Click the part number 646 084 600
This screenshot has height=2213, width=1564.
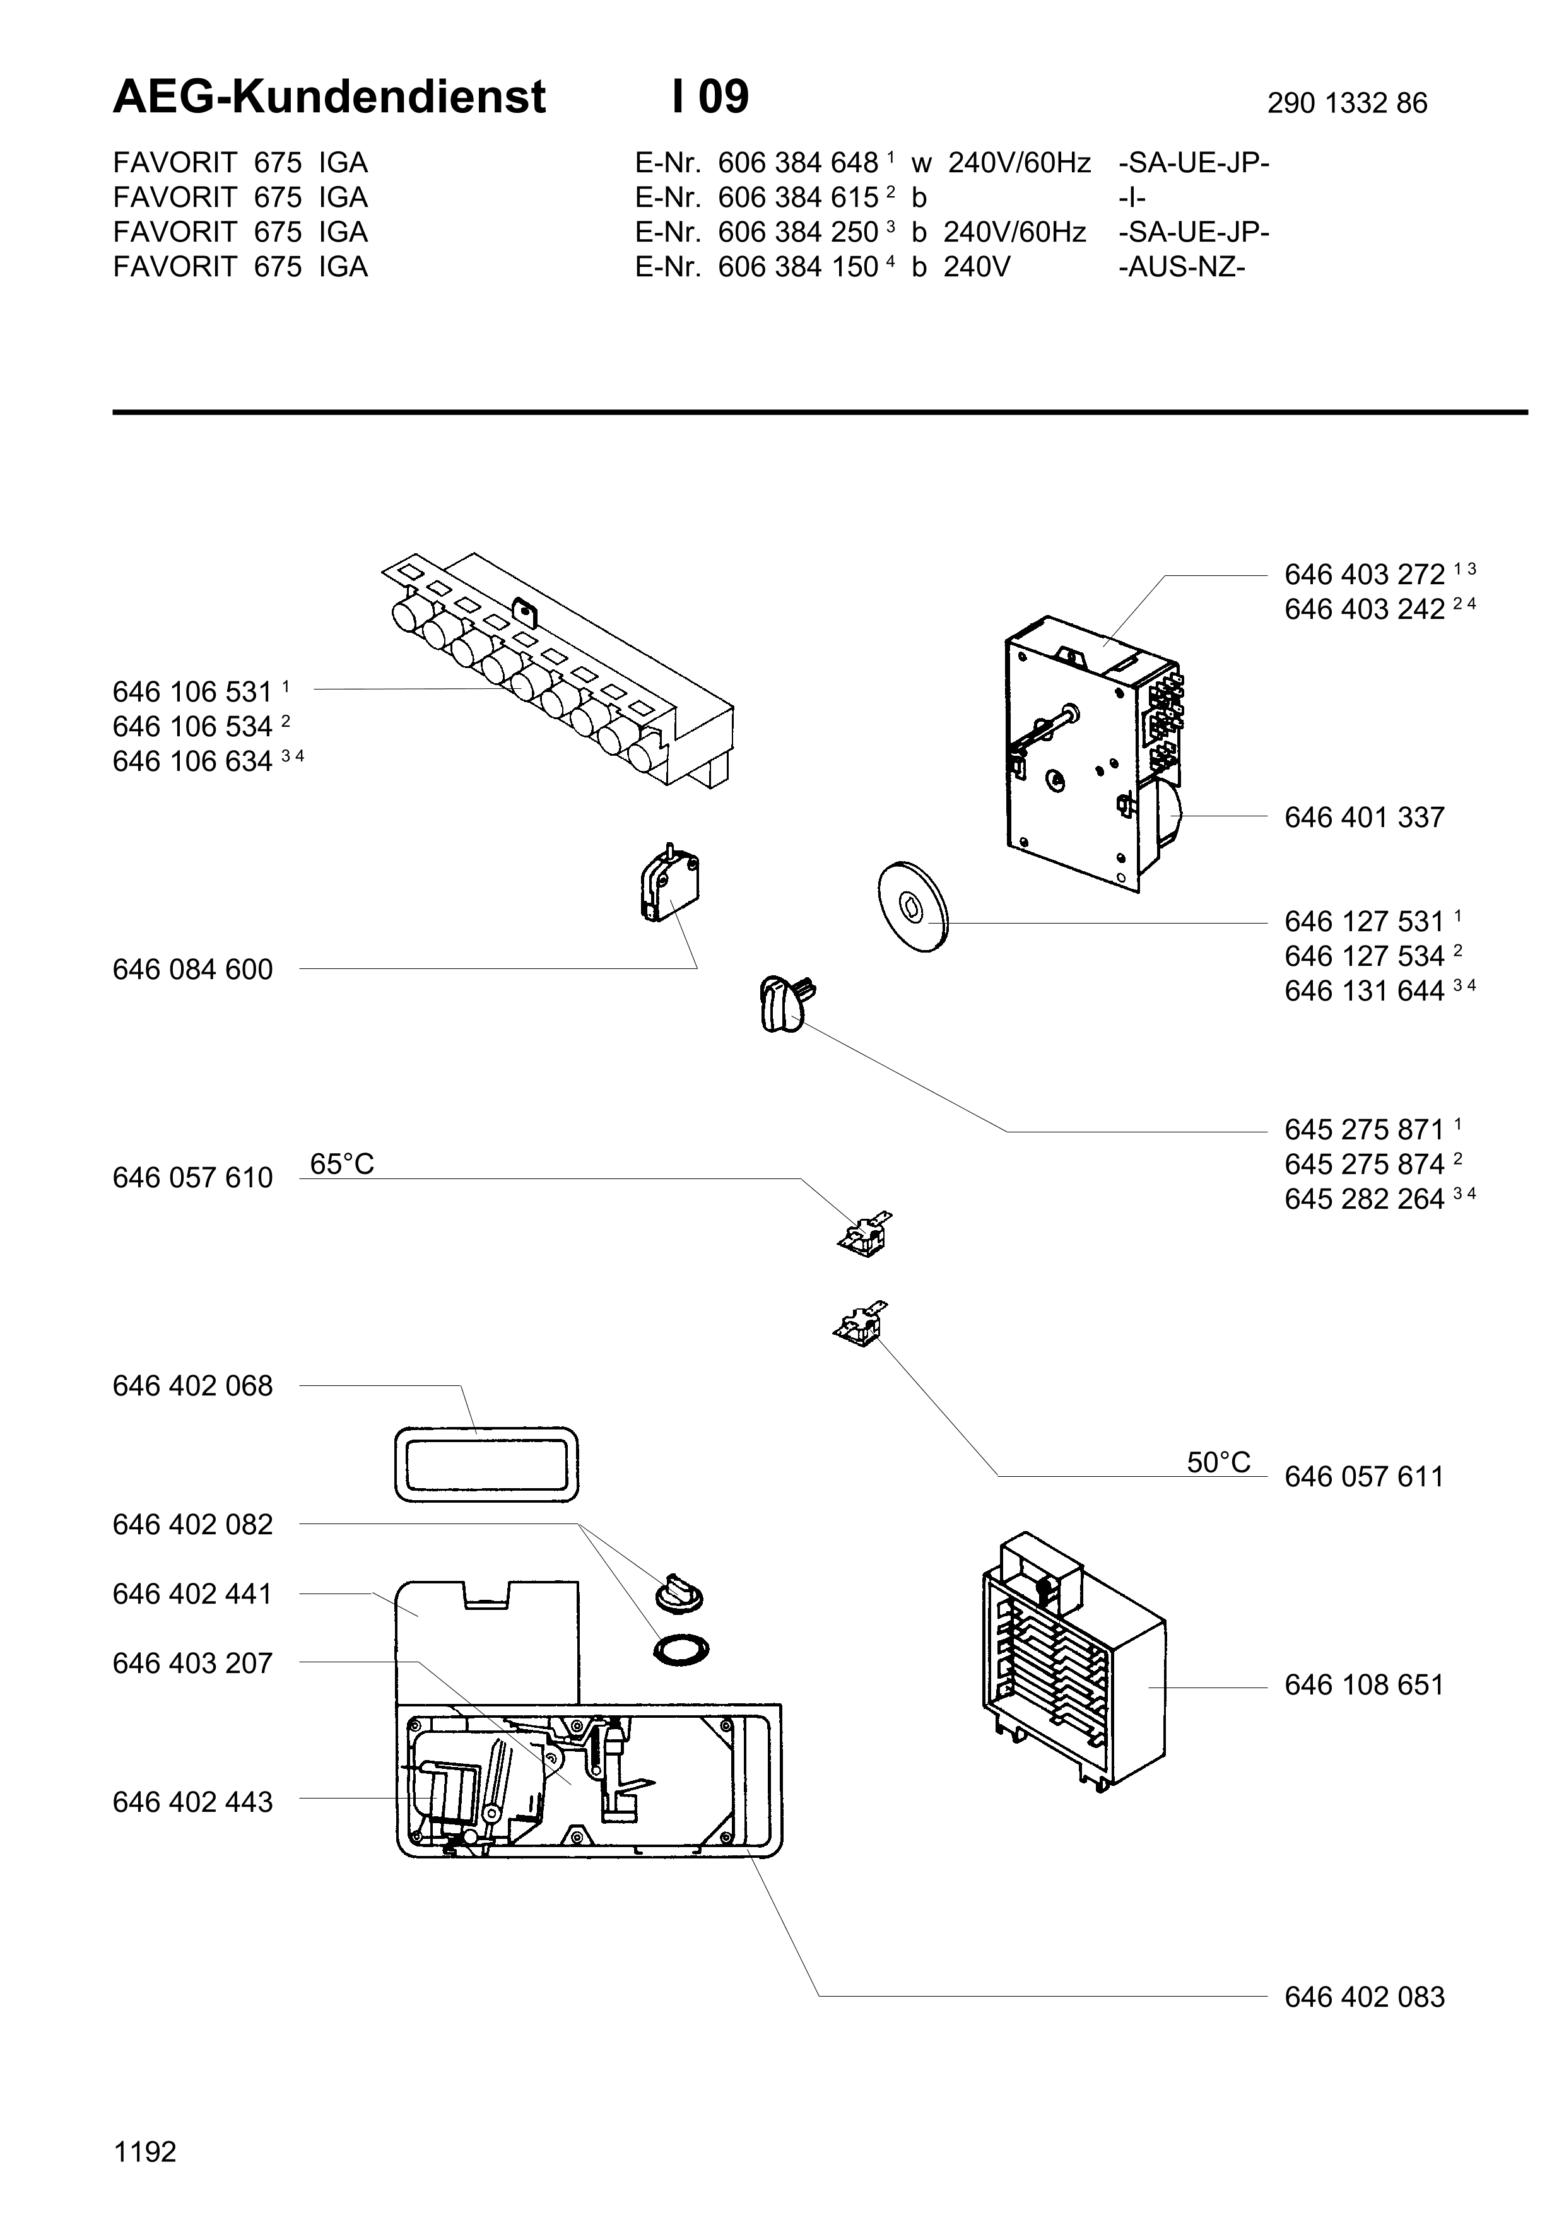192,970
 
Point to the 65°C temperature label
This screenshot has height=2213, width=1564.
342,1165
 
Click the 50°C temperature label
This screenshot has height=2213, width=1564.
1218,1463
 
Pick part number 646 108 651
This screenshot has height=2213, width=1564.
1363,1685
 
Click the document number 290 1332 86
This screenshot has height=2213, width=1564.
1346,103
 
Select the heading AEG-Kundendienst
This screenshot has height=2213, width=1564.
329,97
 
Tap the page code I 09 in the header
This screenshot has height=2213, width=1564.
710,97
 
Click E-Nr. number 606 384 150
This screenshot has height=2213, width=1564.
798,267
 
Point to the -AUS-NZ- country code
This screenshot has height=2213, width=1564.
1182,267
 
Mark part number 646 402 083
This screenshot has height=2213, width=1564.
1363,1997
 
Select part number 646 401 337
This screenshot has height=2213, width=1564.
1363,818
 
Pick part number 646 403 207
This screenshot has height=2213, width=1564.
192,1664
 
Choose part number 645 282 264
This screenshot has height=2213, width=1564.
1363,1199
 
